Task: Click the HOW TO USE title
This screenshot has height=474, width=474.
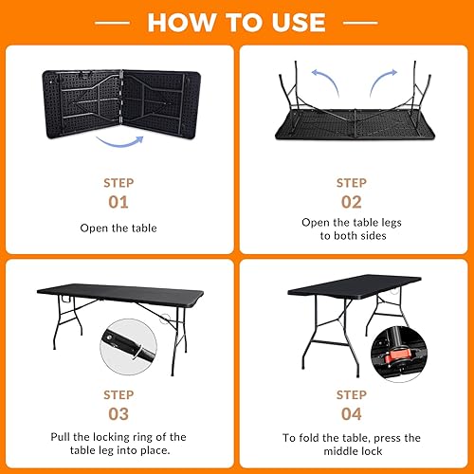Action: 237,21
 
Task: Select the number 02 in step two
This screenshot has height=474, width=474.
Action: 352,201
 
